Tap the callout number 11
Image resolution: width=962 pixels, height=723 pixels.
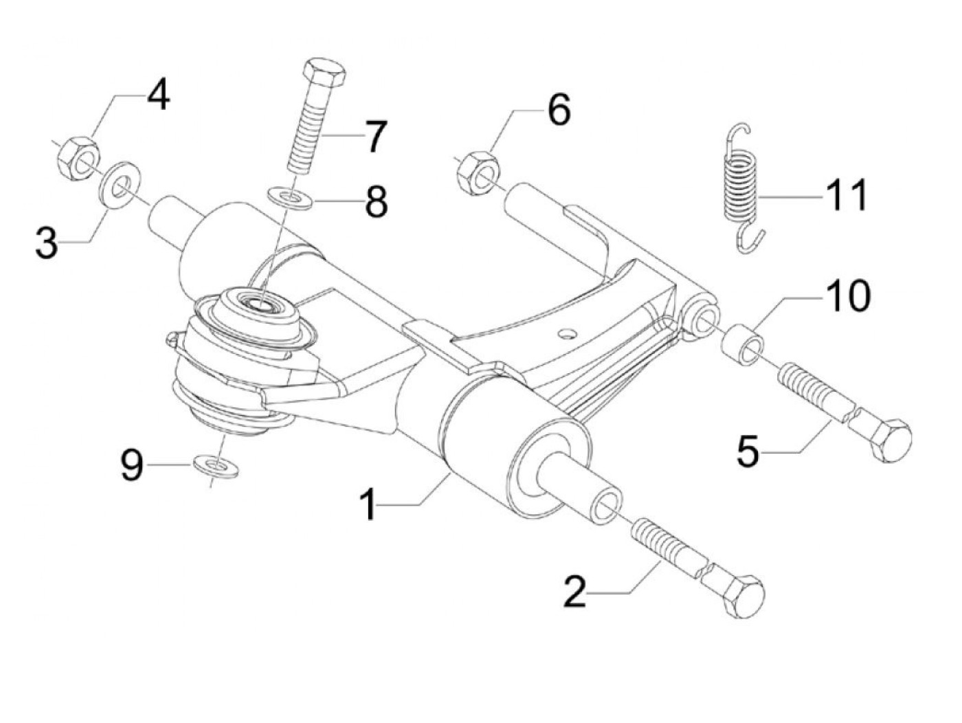pos(846,196)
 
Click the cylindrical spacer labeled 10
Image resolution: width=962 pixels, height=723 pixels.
pos(743,343)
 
